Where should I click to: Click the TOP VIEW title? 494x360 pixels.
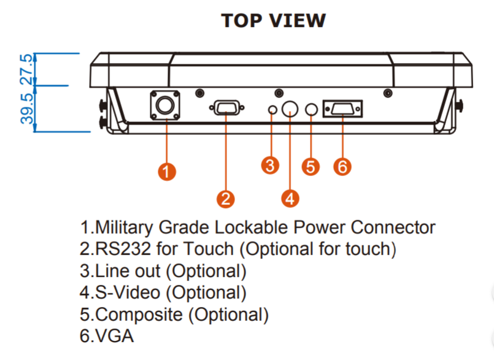(x=273, y=20)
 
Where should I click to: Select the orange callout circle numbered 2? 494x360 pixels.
(x=226, y=197)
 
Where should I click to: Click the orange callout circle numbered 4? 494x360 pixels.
(x=290, y=197)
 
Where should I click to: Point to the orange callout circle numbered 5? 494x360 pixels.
(x=312, y=166)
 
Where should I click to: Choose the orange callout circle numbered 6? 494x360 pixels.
(x=342, y=166)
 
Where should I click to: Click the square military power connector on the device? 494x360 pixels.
(x=166, y=107)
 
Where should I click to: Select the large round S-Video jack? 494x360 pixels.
(x=290, y=109)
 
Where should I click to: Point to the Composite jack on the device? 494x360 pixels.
(x=311, y=109)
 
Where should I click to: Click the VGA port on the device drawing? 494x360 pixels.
(x=342, y=109)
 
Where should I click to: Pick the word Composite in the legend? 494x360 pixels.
(x=140, y=315)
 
